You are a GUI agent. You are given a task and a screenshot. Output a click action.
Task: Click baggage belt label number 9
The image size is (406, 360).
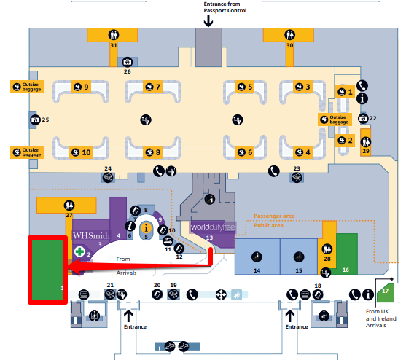tap(81, 87)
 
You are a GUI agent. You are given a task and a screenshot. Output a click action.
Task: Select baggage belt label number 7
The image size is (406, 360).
tap(153, 87)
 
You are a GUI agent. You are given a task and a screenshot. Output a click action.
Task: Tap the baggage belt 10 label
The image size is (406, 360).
tap(81, 152)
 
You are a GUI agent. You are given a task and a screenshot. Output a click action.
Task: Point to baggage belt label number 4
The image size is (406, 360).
tap(303, 152)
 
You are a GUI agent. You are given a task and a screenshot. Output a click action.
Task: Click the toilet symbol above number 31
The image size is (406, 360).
tap(114, 34)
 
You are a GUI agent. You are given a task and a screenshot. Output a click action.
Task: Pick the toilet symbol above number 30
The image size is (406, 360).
tap(290, 34)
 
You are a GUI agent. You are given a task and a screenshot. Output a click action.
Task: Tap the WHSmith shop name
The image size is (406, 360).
tap(91, 235)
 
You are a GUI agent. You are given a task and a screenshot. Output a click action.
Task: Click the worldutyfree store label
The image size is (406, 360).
tap(213, 227)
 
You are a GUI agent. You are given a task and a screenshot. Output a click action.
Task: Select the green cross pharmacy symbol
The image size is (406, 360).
tap(79, 251)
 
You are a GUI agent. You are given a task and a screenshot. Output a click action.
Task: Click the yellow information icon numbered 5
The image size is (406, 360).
tap(147, 228)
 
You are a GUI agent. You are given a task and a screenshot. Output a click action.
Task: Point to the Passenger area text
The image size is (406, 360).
tap(274, 216)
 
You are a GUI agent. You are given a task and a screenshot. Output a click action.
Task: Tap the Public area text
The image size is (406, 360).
tap(268, 225)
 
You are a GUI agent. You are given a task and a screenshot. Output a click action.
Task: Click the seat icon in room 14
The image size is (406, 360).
tap(257, 257)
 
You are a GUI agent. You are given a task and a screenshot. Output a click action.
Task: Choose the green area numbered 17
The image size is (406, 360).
tap(386, 294)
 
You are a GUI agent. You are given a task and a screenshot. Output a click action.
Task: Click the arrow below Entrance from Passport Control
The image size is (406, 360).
tap(208, 20)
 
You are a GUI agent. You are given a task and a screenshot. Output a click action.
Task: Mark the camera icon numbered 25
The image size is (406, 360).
tap(35, 120)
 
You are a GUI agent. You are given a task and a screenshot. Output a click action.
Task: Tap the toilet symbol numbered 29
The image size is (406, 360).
tap(366, 142)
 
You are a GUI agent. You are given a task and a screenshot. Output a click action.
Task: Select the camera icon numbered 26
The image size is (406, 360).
tap(127, 62)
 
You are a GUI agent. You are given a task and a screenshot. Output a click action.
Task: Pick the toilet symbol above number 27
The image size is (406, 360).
tap(69, 206)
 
